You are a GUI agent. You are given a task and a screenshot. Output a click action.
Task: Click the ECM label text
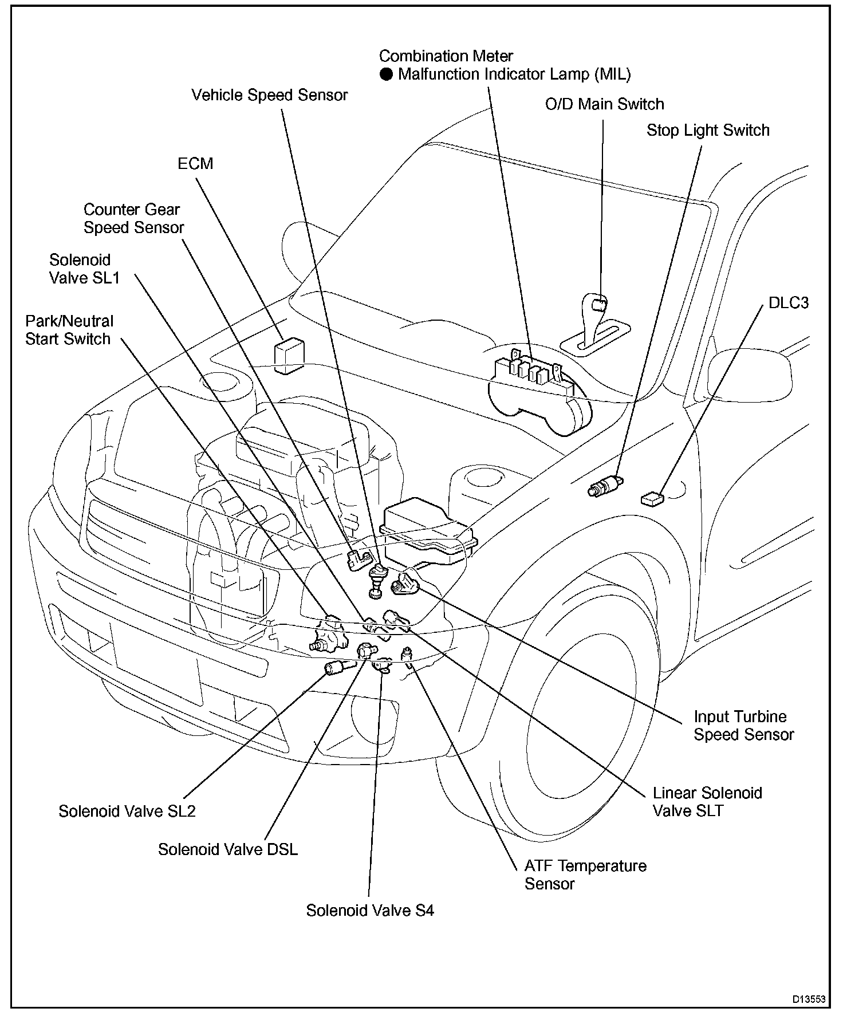[195, 164]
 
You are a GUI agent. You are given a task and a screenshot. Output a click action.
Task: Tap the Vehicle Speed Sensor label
[269, 95]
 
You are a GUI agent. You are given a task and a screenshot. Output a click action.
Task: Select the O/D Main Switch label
[604, 104]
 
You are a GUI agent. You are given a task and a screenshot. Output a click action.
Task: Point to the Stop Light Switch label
[708, 131]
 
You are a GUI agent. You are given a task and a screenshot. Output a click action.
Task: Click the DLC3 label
[789, 302]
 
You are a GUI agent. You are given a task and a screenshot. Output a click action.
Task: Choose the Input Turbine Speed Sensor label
[743, 726]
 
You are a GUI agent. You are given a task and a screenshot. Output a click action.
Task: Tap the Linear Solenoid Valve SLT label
[707, 802]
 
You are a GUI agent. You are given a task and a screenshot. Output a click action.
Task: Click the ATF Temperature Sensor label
[585, 875]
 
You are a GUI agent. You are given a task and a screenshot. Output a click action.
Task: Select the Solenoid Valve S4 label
[370, 911]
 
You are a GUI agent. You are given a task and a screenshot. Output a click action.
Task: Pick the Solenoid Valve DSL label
[228, 849]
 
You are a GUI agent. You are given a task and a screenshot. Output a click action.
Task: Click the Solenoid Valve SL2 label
[127, 812]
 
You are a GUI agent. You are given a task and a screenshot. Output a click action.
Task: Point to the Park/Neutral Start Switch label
[69, 330]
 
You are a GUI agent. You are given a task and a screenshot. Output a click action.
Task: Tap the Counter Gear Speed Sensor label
[133, 218]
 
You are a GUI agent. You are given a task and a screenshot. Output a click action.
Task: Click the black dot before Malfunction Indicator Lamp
[387, 74]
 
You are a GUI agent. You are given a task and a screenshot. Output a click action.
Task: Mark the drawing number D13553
[809, 999]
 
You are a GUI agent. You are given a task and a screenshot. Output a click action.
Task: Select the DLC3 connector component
[651, 499]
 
